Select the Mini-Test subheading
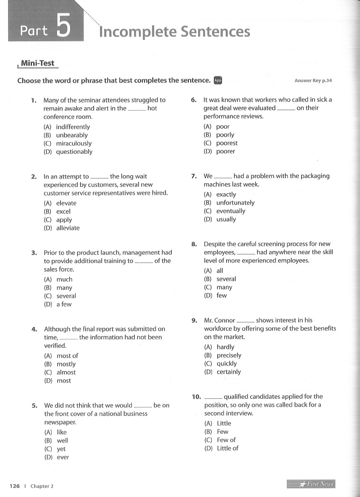coord(37,63)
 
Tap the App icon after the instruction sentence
coord(218,80)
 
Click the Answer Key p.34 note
coord(313,81)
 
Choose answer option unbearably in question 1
coord(72,135)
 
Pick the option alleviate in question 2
coord(68,228)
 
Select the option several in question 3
coord(66,296)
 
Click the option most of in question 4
coord(67,356)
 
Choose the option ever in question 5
coord(63,458)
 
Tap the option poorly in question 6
coord(225,135)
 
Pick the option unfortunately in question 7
coord(235,203)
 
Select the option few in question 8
coord(222,296)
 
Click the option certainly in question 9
coord(229,372)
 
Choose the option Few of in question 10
coord(226,440)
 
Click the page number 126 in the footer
coord(15,486)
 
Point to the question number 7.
coord(194,176)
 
